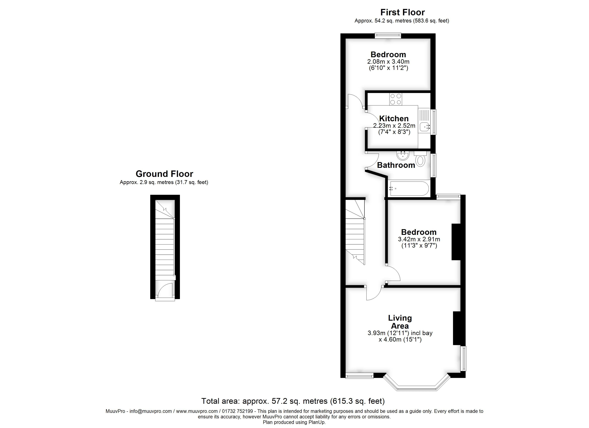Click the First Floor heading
[402, 12]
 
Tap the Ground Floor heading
[164, 174]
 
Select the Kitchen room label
[394, 119]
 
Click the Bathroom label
[396, 165]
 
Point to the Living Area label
[400, 322]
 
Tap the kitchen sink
[424, 127]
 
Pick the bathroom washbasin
[403, 156]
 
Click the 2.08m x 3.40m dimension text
[388, 62]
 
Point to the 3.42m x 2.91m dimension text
[419, 239]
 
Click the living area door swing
[374, 293]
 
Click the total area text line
[293, 401]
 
